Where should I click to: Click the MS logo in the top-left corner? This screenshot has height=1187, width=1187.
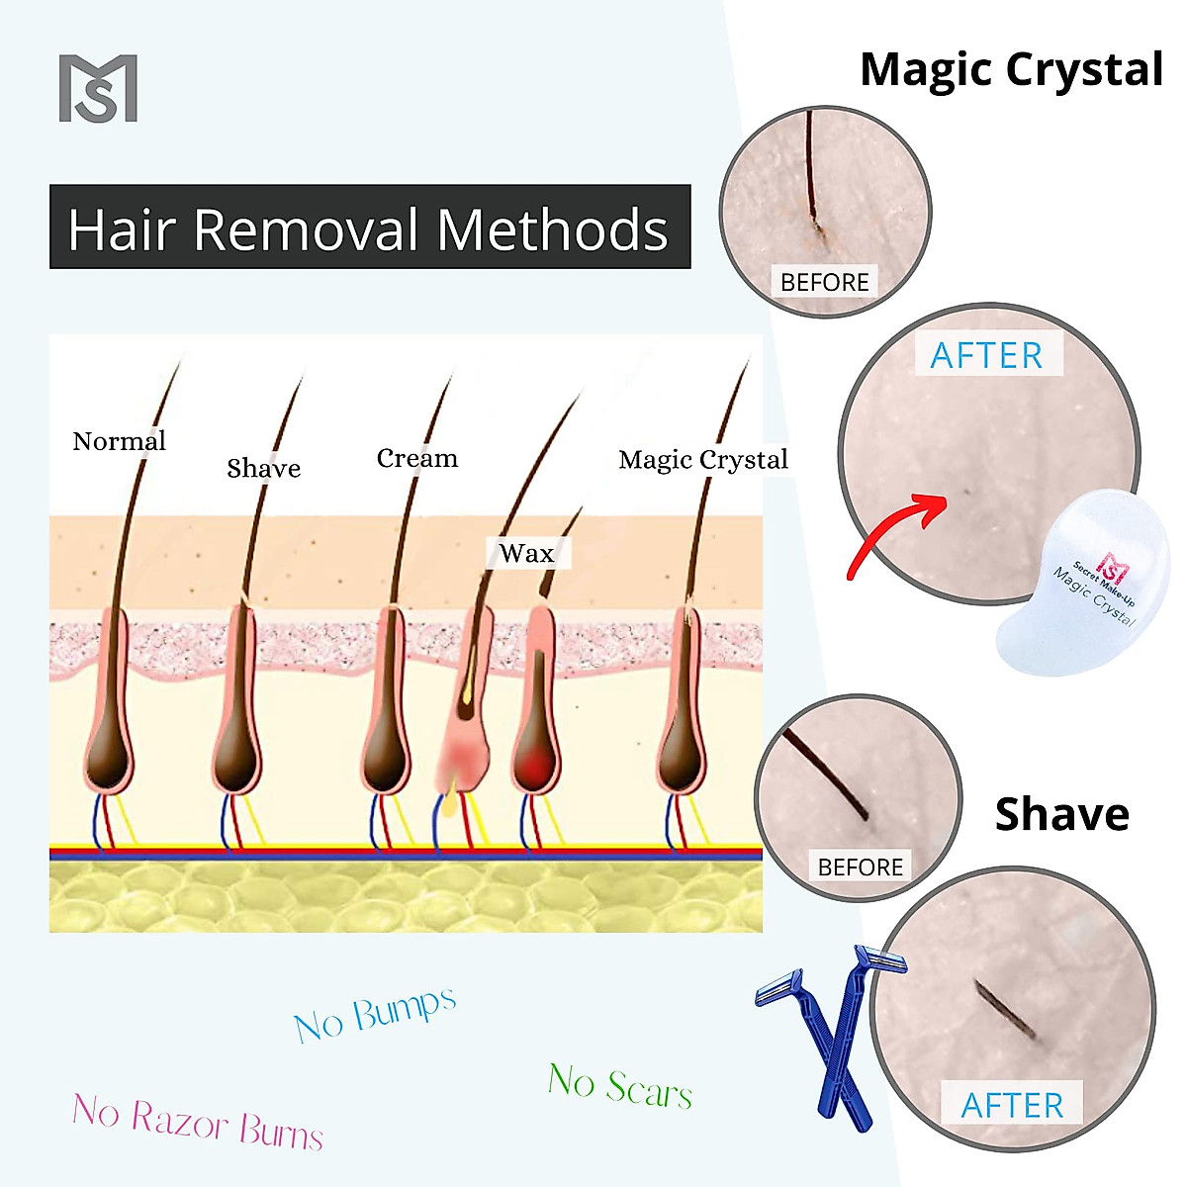click(98, 89)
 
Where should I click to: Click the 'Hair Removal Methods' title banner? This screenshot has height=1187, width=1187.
click(369, 228)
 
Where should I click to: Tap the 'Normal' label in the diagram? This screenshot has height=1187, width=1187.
click(119, 441)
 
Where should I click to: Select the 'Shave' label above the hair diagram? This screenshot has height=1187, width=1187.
click(263, 468)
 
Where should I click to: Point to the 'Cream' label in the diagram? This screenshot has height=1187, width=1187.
click(417, 459)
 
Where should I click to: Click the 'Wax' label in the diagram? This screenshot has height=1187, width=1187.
click(526, 553)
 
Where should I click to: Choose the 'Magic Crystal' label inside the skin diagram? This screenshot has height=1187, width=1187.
click(702, 460)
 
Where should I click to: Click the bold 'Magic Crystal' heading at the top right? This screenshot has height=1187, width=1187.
click(1011, 70)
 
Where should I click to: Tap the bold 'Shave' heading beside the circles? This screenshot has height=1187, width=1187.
click(1061, 814)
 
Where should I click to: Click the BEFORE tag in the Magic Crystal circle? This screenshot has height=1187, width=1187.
click(824, 282)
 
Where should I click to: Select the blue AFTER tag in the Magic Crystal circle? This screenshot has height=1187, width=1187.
click(986, 355)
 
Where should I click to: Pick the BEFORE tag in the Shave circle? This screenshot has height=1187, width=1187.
click(860, 867)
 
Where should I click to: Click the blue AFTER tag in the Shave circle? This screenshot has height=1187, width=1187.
click(1012, 1105)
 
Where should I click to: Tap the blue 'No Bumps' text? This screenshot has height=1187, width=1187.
click(375, 1014)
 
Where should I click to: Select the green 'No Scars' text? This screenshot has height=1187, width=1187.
click(619, 1085)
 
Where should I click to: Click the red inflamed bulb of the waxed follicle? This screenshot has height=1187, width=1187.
click(535, 764)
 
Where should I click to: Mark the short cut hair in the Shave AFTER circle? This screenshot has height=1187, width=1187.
click(1005, 1010)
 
